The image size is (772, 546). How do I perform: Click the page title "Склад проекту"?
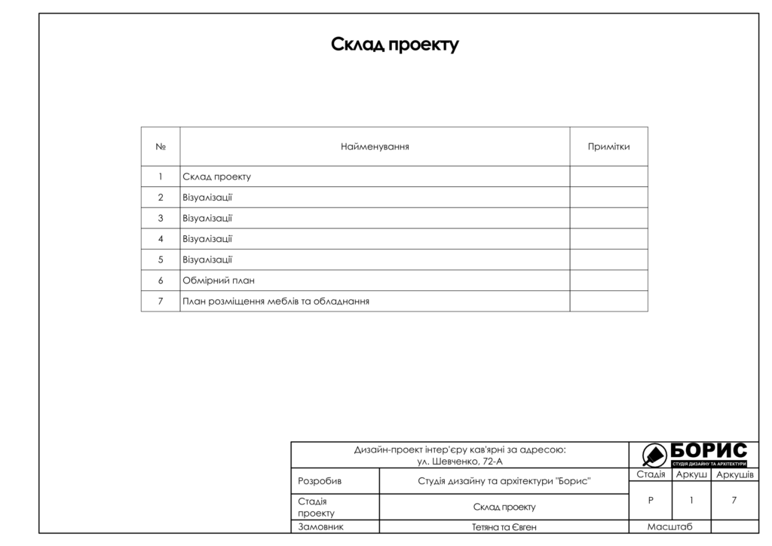point(394,45)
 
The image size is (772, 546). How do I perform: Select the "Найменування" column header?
point(375,146)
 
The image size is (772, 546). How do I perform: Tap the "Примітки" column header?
point(608,146)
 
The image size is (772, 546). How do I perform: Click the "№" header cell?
point(161,146)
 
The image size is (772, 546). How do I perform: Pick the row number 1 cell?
point(161,176)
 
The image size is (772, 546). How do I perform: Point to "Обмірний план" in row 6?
point(219,281)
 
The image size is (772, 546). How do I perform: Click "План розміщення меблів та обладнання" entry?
point(275,302)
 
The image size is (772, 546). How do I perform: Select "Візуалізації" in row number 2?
point(207,198)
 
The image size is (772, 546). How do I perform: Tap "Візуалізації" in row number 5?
point(207,260)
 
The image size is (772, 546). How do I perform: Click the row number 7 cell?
point(161,302)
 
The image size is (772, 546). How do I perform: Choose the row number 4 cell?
point(161,239)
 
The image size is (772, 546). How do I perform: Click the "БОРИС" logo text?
point(708,451)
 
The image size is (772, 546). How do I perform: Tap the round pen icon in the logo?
point(653,455)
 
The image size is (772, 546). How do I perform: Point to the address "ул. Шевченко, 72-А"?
point(460,461)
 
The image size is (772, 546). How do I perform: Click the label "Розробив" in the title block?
point(320,481)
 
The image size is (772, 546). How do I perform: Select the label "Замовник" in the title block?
point(320,527)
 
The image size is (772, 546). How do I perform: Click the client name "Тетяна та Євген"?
point(504,527)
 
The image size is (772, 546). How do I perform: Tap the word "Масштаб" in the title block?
point(669,527)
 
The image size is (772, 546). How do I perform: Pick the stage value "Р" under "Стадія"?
point(651,500)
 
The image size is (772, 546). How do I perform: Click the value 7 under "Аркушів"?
point(734,500)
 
